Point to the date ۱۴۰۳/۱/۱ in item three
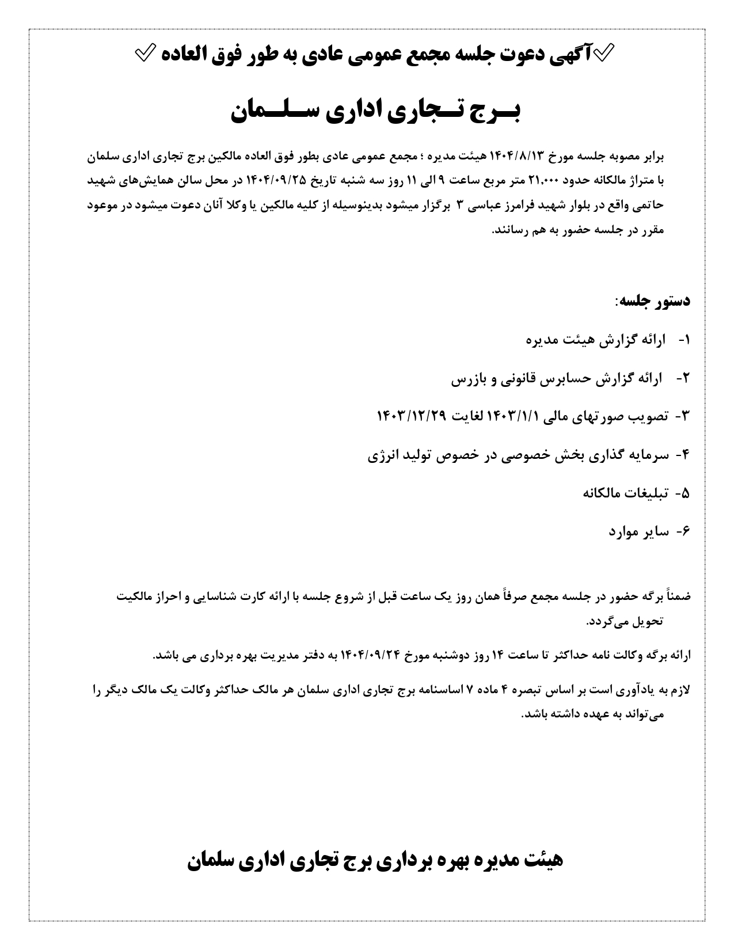[512, 416]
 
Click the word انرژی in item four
[386, 455]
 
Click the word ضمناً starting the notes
[679, 596]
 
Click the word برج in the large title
[500, 112]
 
